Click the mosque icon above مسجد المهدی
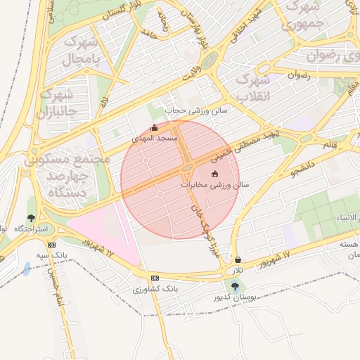point(155,128)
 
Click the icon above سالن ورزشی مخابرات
point(214,174)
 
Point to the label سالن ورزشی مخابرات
point(215,185)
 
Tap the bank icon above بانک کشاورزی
point(155,278)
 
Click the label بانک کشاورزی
point(155,289)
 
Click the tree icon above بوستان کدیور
point(234,285)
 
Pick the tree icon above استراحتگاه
point(30,218)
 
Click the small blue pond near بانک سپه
point(27,269)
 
